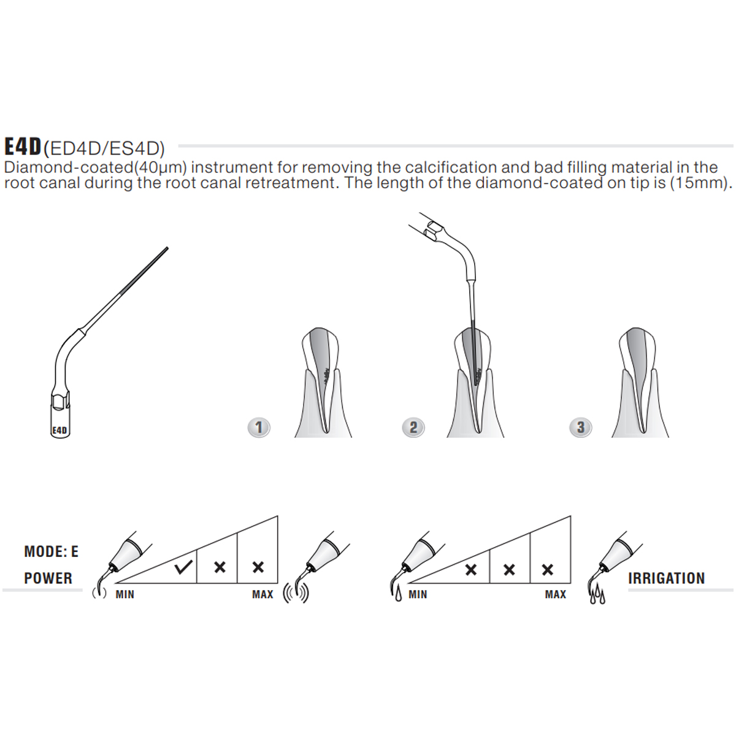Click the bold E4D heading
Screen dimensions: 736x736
(23, 147)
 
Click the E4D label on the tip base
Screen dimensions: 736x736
(59, 430)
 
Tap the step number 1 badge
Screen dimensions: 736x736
(259, 427)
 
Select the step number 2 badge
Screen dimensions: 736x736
(413, 427)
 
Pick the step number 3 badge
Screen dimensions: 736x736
(580, 427)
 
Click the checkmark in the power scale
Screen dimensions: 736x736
(183, 567)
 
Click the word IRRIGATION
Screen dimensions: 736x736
(666, 578)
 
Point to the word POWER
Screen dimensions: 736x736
(48, 578)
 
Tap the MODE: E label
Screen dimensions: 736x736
(51, 552)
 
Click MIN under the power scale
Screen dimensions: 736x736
(125, 594)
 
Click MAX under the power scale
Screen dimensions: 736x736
(263, 594)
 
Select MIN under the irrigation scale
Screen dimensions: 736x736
(418, 594)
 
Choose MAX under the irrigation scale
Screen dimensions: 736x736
(556, 594)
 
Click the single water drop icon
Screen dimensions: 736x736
(398, 594)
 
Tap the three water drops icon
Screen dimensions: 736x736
(597, 596)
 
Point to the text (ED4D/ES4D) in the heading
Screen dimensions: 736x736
(104, 148)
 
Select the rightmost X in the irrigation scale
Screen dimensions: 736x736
(548, 570)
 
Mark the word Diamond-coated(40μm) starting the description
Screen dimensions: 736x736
(95, 167)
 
